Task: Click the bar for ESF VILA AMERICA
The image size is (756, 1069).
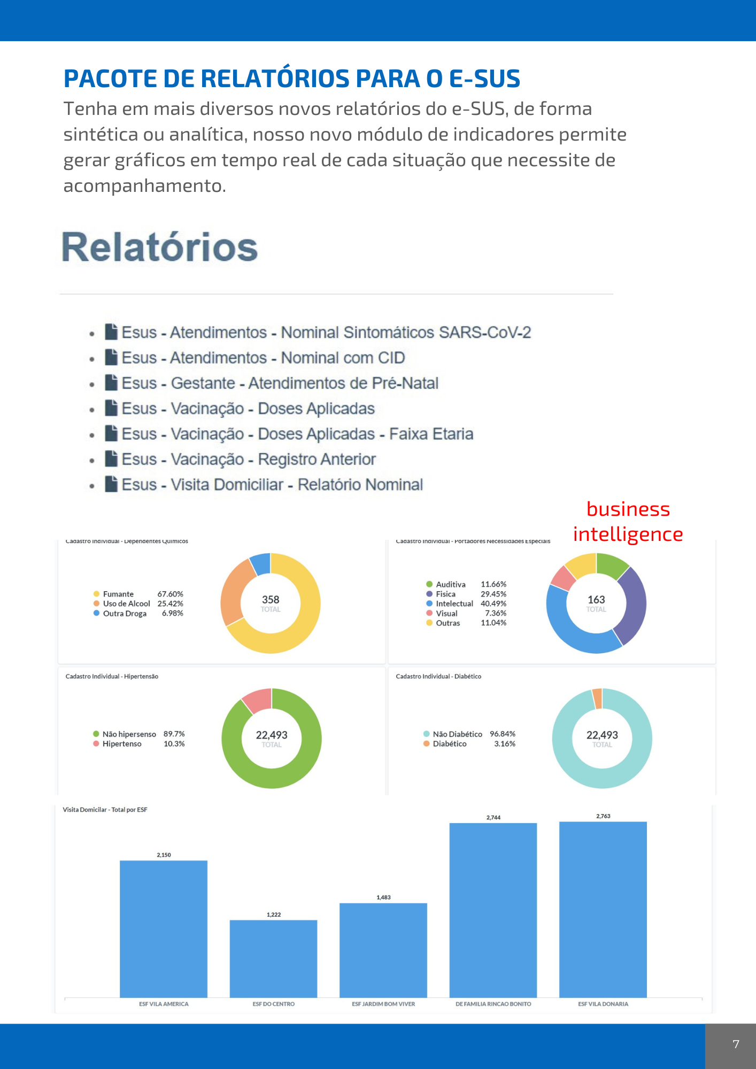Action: coord(164,929)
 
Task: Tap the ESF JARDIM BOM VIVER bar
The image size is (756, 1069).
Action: coord(383,950)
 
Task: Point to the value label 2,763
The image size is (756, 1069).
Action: coord(603,816)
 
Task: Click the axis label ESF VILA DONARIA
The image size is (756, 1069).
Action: coord(603,1004)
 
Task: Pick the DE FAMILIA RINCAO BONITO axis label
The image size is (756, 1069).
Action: coord(493,1004)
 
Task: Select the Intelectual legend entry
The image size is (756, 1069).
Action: coord(454,603)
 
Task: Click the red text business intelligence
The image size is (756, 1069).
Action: coord(628,522)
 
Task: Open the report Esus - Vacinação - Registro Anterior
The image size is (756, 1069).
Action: coord(249,459)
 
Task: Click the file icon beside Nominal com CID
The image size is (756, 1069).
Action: coord(111,357)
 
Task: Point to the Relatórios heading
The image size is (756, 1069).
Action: coord(160,247)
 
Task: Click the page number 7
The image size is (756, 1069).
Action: coord(736,1044)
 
